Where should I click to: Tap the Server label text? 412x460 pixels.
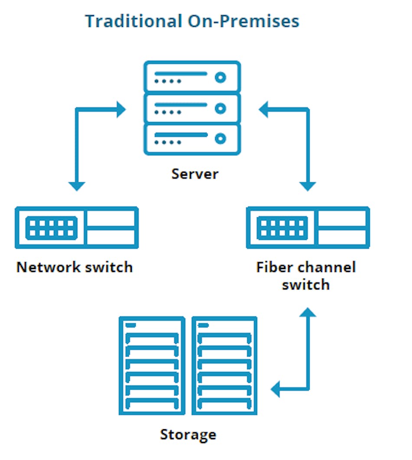click(195, 174)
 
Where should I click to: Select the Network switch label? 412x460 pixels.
click(75, 266)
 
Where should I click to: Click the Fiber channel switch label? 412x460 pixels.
click(306, 276)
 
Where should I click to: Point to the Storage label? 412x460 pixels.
click(188, 434)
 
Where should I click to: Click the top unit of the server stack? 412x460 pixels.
click(192, 77)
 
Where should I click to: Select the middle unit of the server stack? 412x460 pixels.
click(192, 108)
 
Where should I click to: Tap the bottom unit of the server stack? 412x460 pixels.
click(192, 138)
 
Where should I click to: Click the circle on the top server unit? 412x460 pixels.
click(221, 78)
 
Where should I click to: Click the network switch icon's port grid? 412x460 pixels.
click(52, 228)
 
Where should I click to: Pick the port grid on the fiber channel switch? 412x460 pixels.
click(283, 228)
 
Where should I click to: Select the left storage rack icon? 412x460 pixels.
click(152, 366)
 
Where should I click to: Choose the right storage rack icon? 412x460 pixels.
click(224, 366)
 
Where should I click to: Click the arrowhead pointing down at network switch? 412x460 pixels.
click(77, 185)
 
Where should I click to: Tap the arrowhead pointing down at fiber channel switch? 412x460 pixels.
click(308, 185)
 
